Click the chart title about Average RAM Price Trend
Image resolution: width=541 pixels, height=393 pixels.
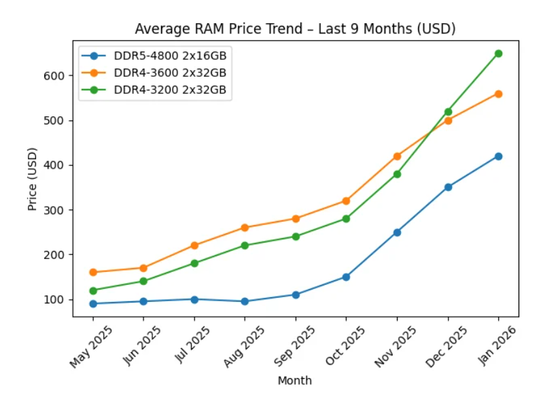click(295, 29)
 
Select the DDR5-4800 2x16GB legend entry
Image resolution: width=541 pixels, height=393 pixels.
click(170, 56)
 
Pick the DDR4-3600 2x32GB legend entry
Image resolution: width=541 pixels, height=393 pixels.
click(170, 73)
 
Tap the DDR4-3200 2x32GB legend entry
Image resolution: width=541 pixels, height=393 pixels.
click(170, 90)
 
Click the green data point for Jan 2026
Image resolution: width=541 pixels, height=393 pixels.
click(498, 53)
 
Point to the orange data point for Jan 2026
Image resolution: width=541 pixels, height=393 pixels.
click(498, 94)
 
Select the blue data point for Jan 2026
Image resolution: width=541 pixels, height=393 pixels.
click(498, 156)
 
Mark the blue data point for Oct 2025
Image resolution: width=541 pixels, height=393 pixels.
click(346, 277)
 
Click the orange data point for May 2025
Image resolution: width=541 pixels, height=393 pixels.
click(92, 273)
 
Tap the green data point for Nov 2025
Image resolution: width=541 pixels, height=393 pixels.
click(397, 174)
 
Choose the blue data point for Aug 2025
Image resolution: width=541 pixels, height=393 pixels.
click(245, 301)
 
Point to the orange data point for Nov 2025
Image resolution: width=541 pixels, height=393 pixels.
click(397, 156)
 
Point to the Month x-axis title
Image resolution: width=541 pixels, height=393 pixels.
click(295, 381)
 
